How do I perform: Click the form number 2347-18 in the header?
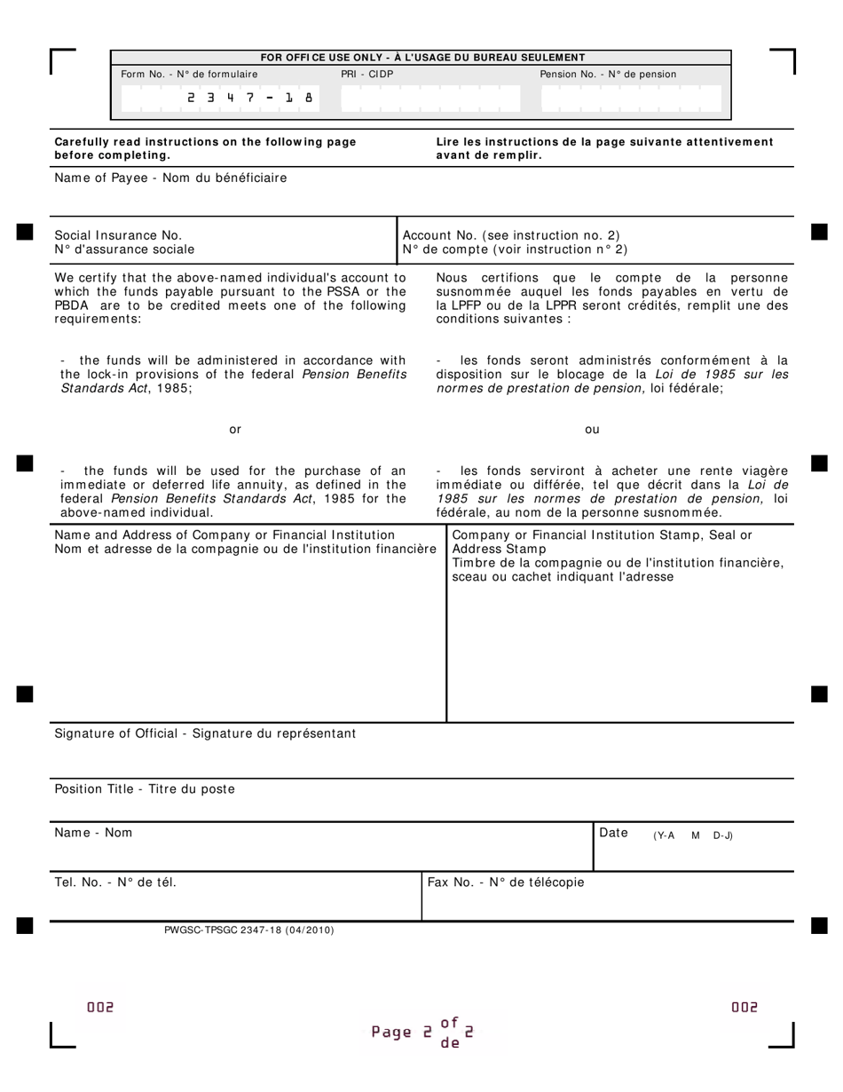point(250,99)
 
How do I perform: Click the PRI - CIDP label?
point(366,75)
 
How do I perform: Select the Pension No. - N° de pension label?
point(608,75)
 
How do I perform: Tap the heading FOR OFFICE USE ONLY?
point(422,58)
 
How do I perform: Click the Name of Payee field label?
point(170,178)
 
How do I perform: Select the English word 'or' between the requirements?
point(235,430)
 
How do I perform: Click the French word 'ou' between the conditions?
point(592,430)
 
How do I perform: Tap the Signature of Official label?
point(205,733)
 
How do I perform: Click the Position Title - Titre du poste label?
point(145,788)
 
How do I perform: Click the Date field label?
point(614,833)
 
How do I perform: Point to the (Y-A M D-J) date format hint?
point(692,835)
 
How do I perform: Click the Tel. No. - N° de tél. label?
point(122,882)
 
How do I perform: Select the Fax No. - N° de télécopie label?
point(506,882)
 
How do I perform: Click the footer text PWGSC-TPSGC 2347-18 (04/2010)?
point(249,930)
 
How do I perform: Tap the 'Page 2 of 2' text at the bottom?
point(422,1033)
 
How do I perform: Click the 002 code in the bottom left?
point(100,1007)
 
